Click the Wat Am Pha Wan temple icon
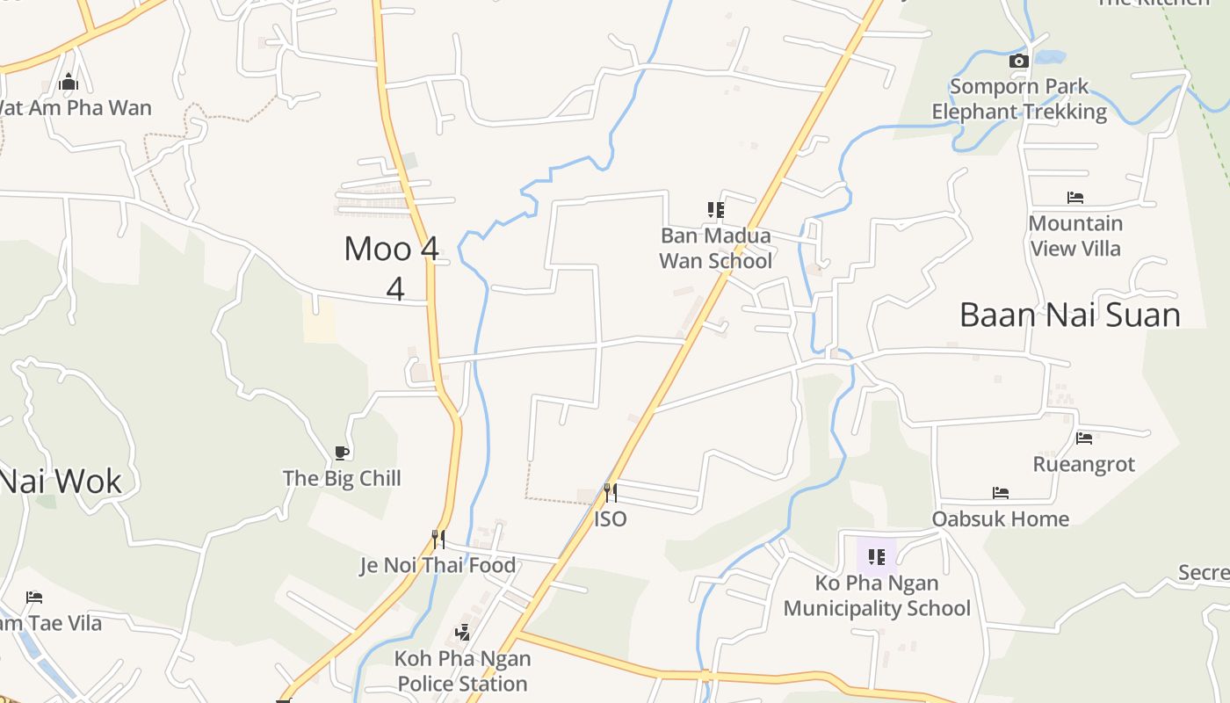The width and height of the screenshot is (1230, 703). click(x=69, y=83)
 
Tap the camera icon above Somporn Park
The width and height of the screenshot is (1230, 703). click(x=1018, y=61)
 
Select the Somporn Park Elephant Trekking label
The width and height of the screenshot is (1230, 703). click(x=1019, y=99)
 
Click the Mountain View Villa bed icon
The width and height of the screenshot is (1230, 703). click(x=1074, y=198)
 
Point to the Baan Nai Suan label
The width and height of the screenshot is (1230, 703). click(x=1069, y=315)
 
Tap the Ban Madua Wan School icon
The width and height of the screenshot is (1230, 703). click(x=716, y=209)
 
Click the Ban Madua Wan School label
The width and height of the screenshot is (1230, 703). click(x=715, y=248)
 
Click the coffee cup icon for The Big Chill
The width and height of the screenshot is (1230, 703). click(x=342, y=453)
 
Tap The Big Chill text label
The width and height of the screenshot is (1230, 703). click(x=342, y=478)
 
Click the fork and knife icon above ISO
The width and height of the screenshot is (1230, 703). click(x=610, y=493)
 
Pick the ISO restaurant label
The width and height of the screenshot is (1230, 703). click(x=610, y=518)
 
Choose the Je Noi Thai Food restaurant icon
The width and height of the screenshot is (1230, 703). click(x=438, y=539)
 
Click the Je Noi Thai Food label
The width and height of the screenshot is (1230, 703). click(x=438, y=565)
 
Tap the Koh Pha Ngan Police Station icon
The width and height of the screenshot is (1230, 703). click(x=462, y=632)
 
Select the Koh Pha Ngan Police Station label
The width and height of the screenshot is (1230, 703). click(x=462, y=670)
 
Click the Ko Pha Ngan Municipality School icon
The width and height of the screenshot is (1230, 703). click(x=876, y=556)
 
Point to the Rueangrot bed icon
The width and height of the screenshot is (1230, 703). click(x=1083, y=438)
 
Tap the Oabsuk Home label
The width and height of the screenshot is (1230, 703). click(x=1000, y=518)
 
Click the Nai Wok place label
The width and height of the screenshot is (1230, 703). click(x=60, y=481)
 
